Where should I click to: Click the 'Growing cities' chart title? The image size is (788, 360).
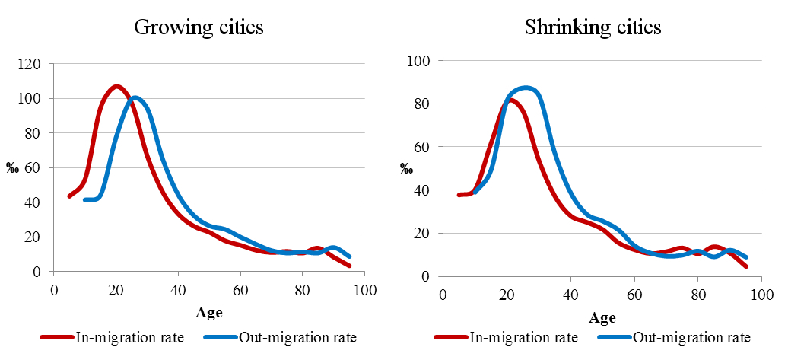pyautogui.click(x=199, y=28)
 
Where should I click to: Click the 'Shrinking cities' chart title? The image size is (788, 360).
pyautogui.click(x=593, y=28)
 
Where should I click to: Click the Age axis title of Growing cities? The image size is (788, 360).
pyautogui.click(x=209, y=312)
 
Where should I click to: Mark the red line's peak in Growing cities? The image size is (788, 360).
pyautogui.click(x=116, y=86)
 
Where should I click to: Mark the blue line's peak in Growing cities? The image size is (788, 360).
pyautogui.click(x=135, y=97)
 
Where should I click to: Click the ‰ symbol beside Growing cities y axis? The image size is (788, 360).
pyautogui.click(x=13, y=168)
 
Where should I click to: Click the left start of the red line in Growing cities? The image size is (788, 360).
pyautogui.click(x=70, y=196)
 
